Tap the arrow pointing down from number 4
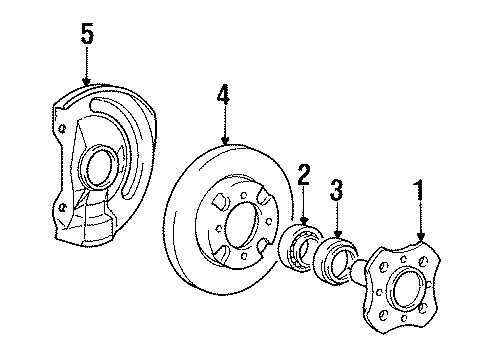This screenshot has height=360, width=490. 225,128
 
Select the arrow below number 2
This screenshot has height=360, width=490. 303,208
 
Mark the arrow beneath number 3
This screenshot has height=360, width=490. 337,222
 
